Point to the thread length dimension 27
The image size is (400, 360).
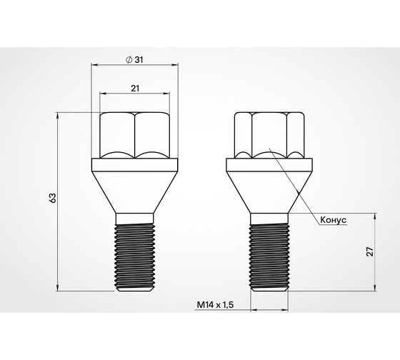pyautogui.click(x=369, y=251)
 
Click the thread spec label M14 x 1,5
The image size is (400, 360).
pyautogui.click(x=215, y=305)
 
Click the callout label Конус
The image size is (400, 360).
pyautogui.click(x=330, y=220)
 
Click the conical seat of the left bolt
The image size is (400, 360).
pyautogui.click(x=135, y=186)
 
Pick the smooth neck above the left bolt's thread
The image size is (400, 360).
pyautogui.click(x=135, y=217)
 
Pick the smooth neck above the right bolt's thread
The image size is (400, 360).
pyautogui.click(x=269, y=217)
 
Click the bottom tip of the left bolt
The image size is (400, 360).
pyautogui.click(x=135, y=289)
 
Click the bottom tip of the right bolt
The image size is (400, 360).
pyautogui.click(x=269, y=289)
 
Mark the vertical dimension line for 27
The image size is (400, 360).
pyautogui.click(x=375, y=271)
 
